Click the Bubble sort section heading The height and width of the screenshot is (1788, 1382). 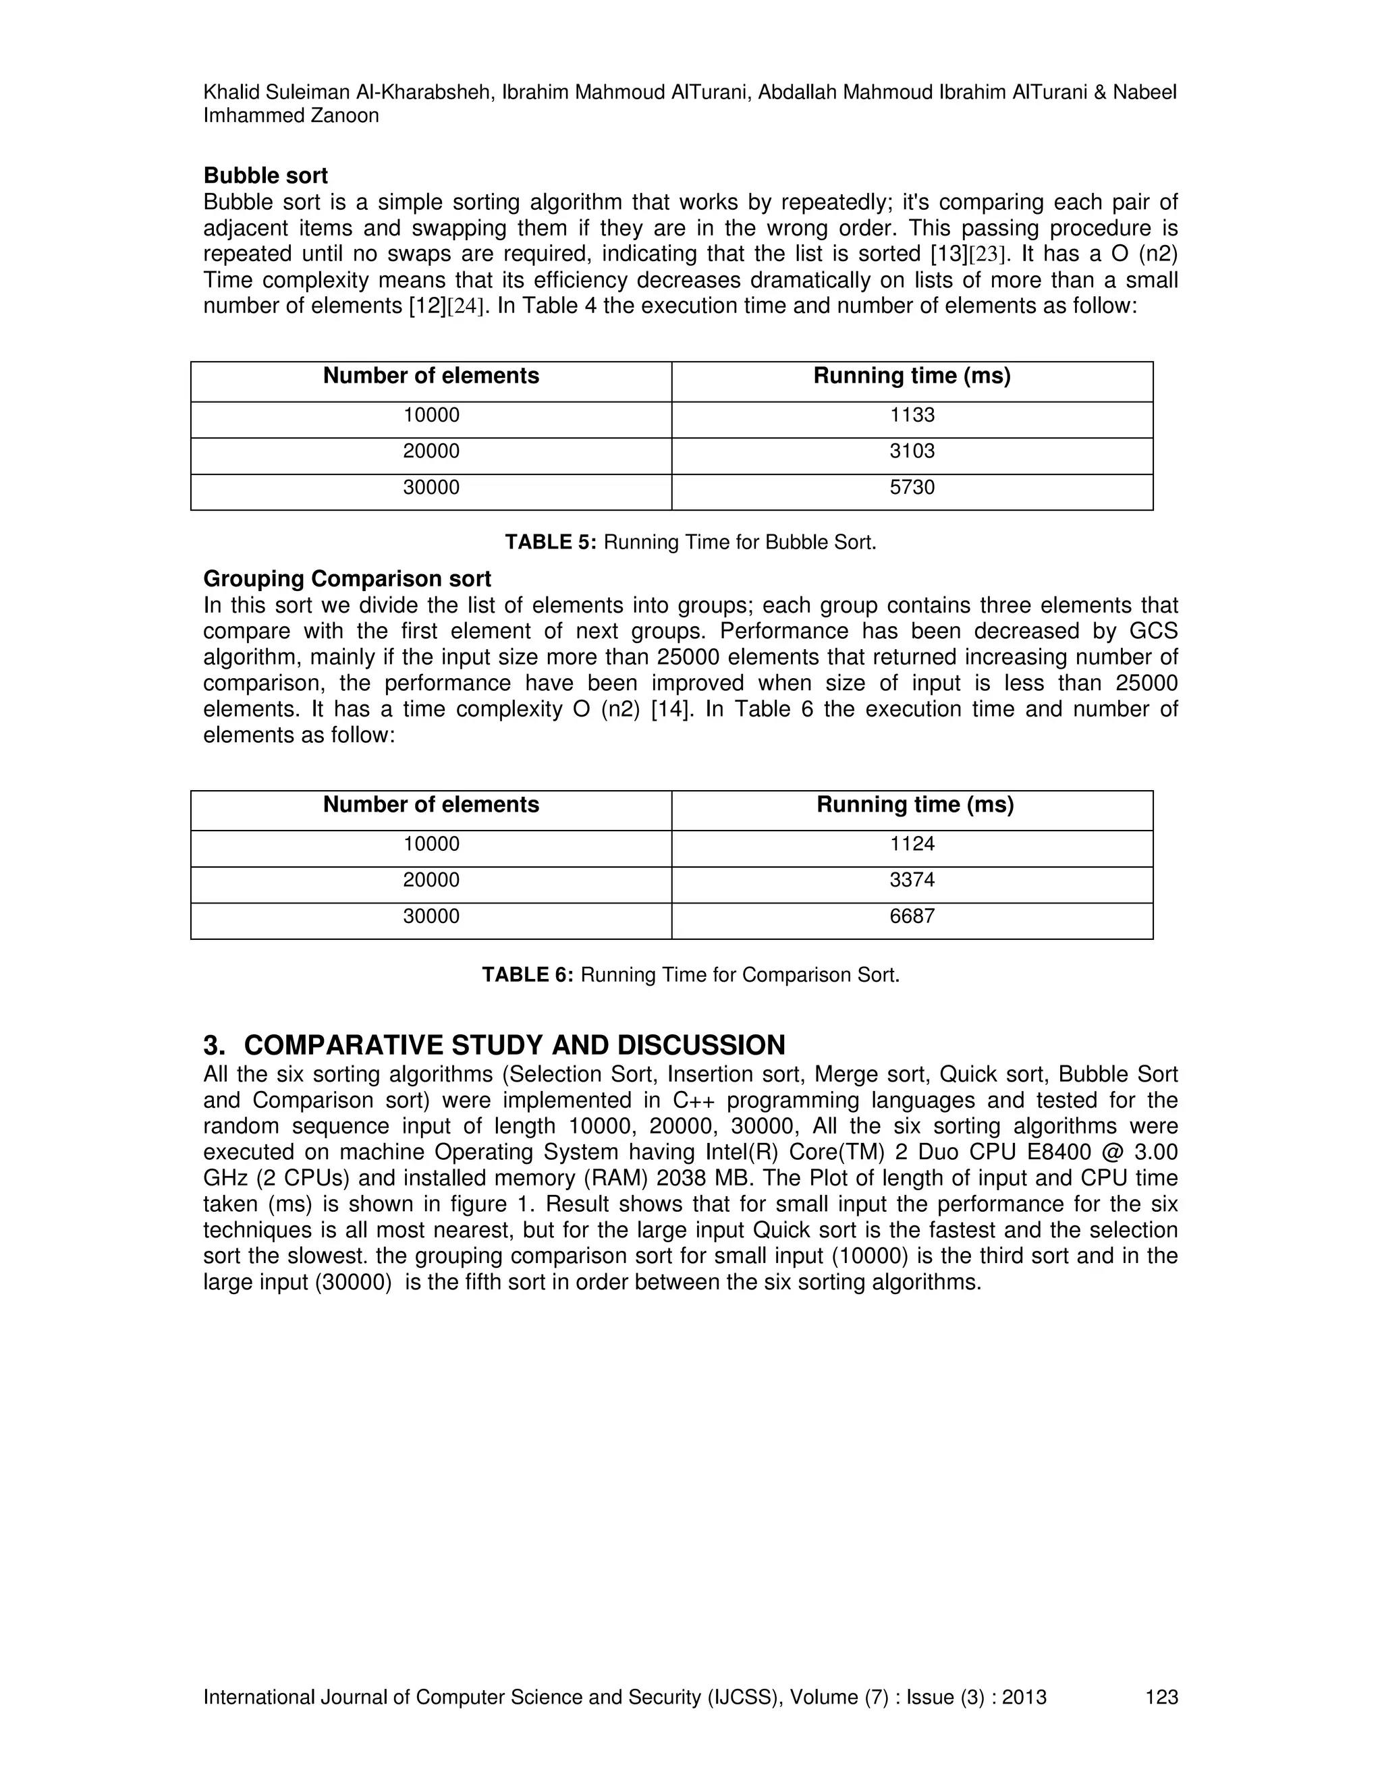[265, 176]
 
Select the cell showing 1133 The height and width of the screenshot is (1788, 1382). [912, 415]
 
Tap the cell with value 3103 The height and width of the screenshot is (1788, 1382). [912, 451]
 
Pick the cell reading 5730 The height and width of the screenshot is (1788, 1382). [912, 487]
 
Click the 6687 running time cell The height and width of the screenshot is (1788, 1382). [912, 916]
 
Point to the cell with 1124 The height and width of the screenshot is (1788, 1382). [912, 844]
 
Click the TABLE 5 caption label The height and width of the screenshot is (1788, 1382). [550, 542]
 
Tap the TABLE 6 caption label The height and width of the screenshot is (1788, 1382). [527, 975]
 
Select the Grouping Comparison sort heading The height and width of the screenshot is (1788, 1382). [347, 580]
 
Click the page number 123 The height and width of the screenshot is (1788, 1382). [1161, 1697]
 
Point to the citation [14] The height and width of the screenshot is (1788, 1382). [672, 709]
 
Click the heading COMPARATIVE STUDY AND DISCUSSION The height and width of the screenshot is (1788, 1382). [514, 1045]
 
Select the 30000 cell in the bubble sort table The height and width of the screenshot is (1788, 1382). [431, 487]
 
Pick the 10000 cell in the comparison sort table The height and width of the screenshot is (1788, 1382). [431, 844]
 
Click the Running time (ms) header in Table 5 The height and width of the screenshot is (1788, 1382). [912, 376]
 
